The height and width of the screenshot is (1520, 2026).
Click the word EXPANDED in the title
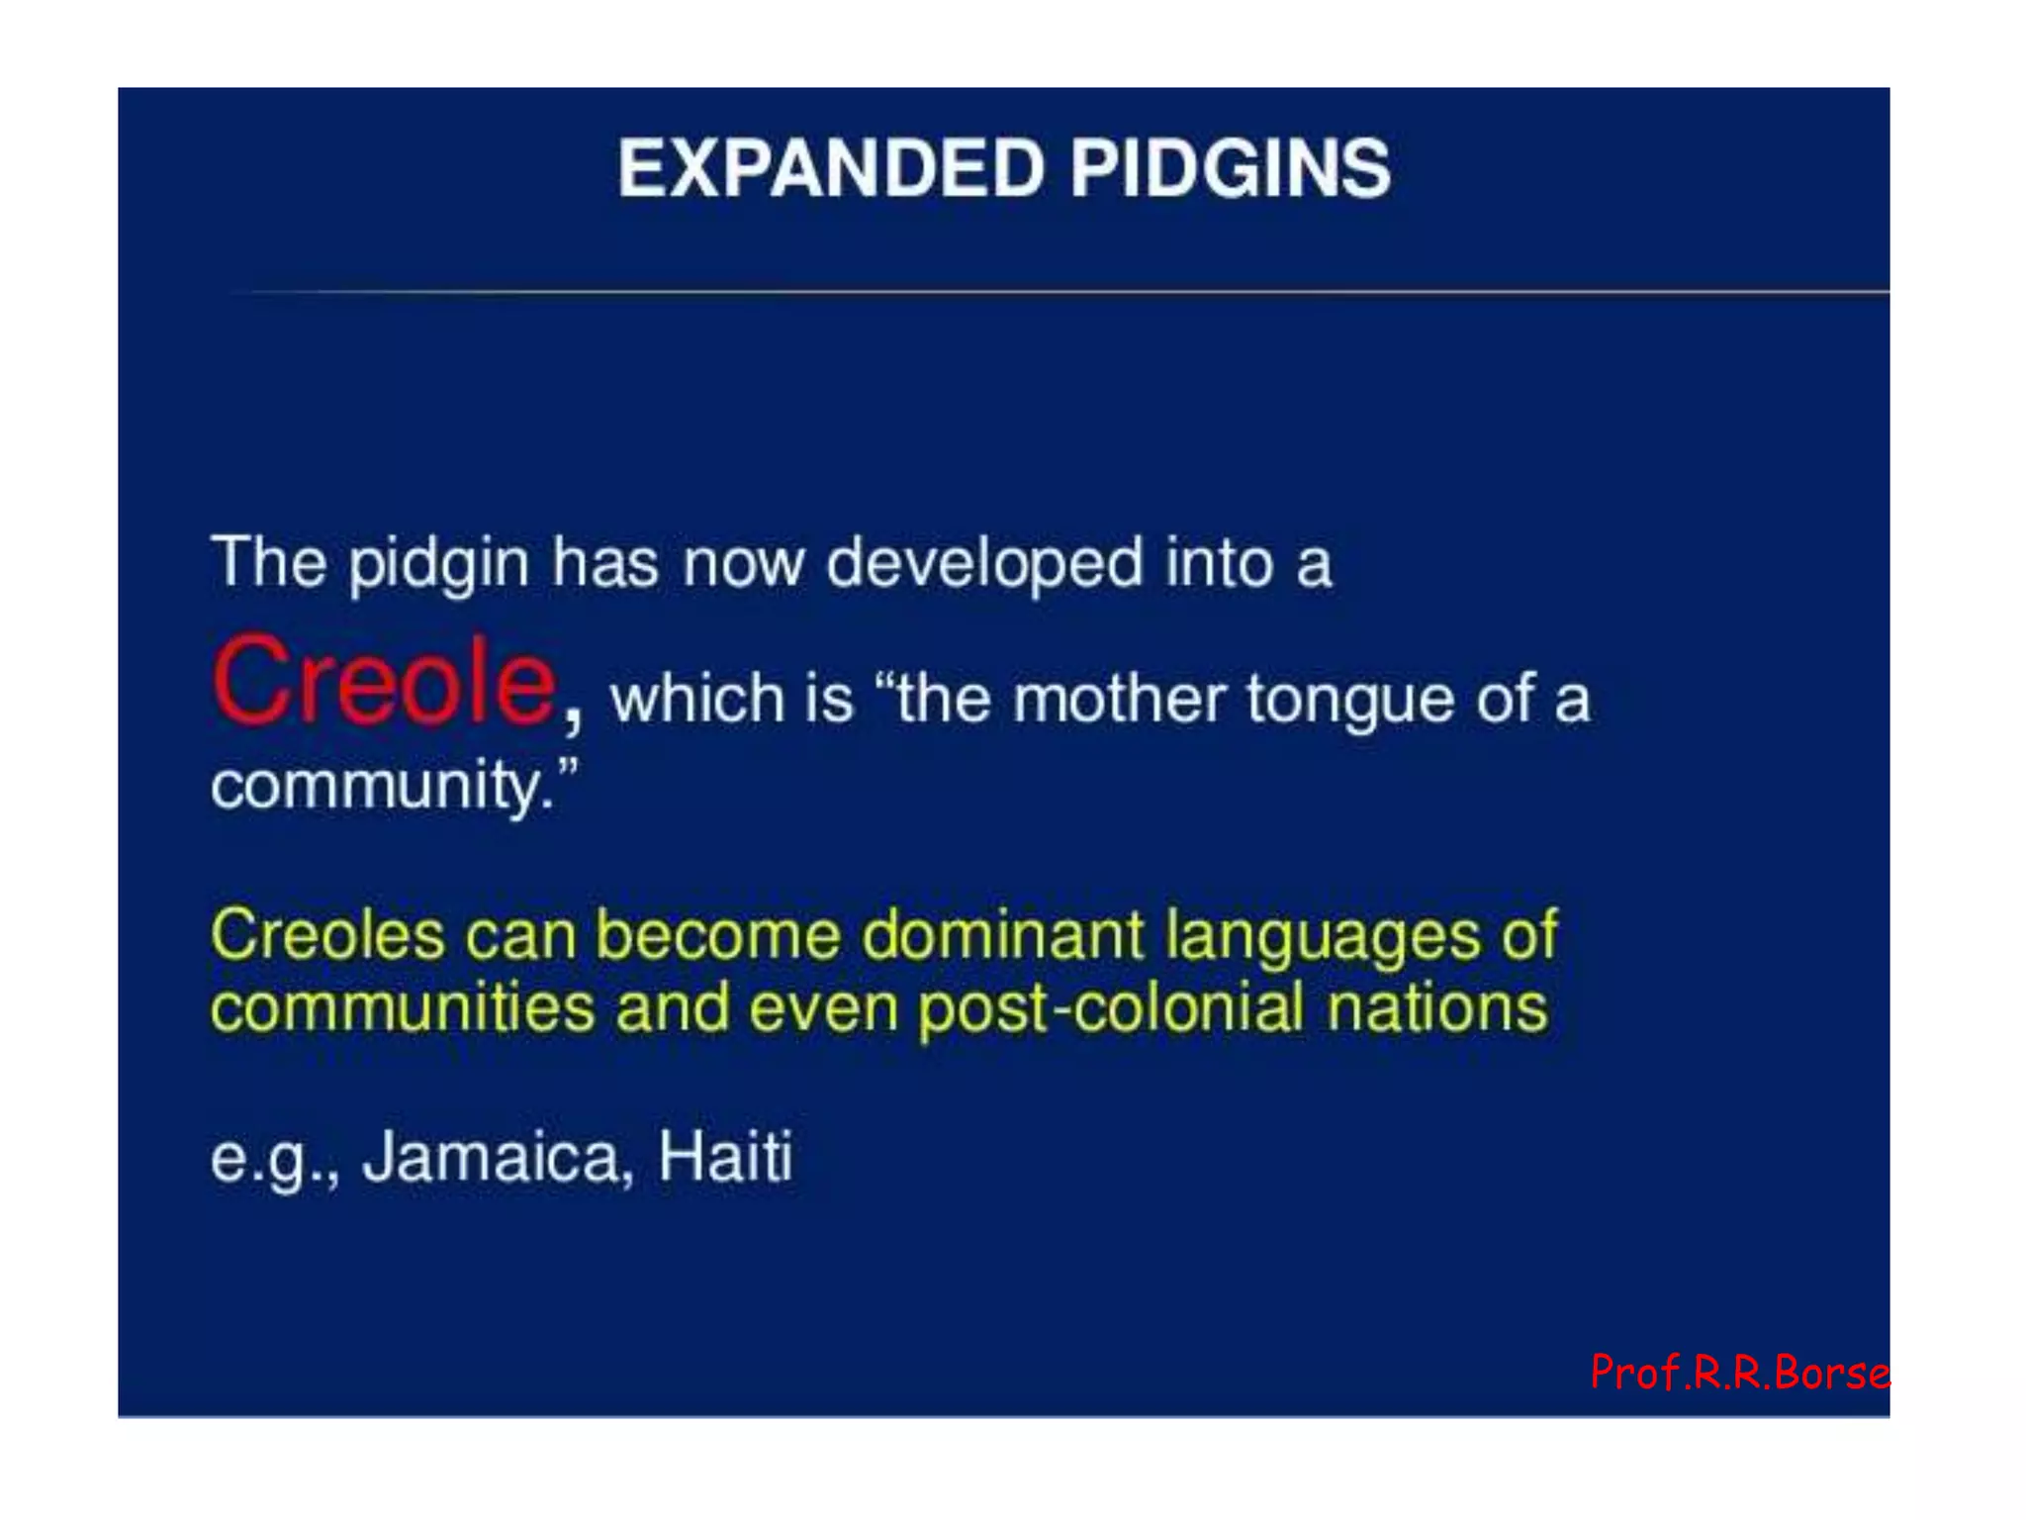click(831, 168)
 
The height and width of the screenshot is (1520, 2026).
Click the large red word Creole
click(384, 682)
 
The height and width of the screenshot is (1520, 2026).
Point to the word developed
click(984, 564)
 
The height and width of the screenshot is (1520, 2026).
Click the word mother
click(1120, 699)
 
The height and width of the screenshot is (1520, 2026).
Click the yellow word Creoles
click(327, 934)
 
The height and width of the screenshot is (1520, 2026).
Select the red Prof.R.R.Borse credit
click(1739, 1373)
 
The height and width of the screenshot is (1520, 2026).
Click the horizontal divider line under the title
click(1059, 292)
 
